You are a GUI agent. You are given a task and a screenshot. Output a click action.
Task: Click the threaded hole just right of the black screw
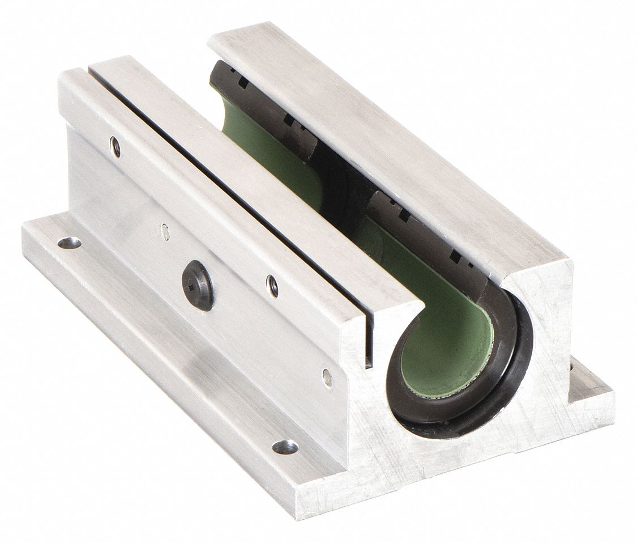272,285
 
